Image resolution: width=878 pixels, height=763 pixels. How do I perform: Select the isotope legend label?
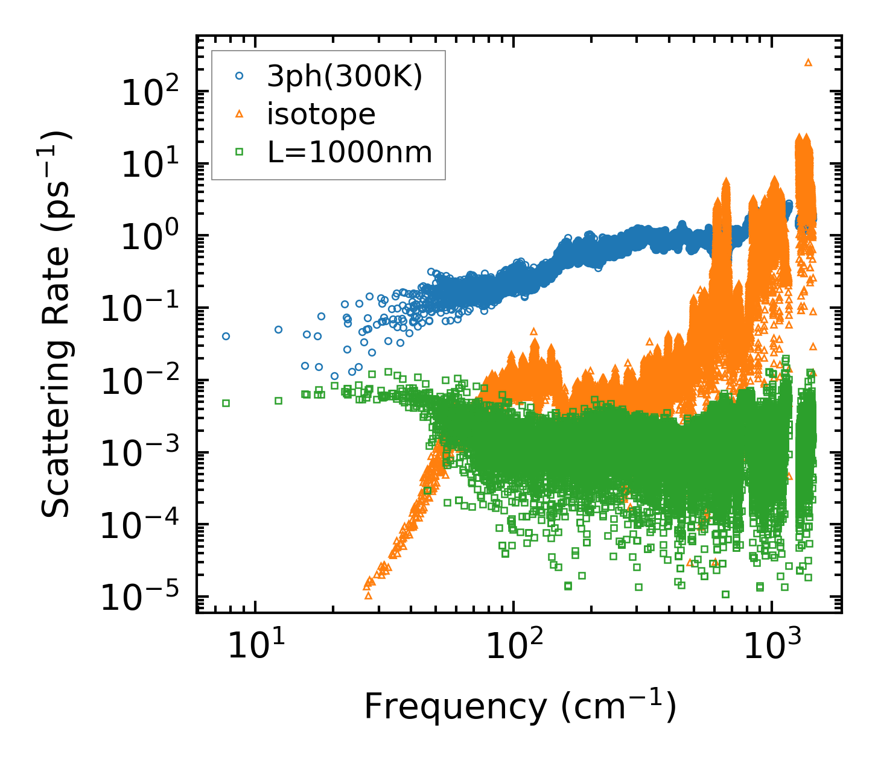click(321, 115)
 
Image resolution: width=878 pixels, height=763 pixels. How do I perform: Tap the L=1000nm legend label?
click(350, 153)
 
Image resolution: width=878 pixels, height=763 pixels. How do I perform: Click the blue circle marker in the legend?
click(240, 77)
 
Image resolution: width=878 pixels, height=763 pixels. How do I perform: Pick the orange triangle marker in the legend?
click(240, 114)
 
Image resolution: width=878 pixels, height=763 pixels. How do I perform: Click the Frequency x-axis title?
click(520, 706)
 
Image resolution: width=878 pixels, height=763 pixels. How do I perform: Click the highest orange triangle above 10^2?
click(808, 62)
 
